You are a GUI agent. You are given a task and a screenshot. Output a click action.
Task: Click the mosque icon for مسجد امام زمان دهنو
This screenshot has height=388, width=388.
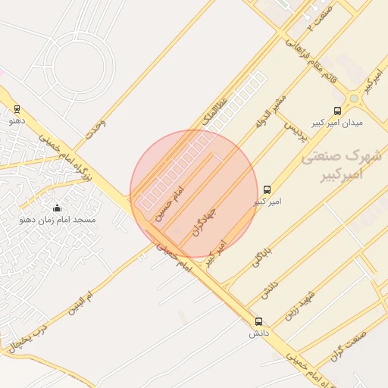pos(57,208)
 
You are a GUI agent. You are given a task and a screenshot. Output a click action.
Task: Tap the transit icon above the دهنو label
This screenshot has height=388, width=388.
pos(17,109)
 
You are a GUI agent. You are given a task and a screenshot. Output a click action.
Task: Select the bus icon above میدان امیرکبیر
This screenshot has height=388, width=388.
pos(337,110)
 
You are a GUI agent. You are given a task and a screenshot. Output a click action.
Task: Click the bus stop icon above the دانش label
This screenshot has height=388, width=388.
pos(258,321)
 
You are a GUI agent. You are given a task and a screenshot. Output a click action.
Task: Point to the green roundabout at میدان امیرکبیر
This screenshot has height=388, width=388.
pos(354,99)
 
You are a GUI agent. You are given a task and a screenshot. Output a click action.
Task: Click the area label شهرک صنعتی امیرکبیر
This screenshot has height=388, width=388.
pos(343,164)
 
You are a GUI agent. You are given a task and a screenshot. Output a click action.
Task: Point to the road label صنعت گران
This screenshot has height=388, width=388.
pos(349,346)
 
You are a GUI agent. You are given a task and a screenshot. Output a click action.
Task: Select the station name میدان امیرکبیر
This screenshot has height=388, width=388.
pos(337,122)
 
